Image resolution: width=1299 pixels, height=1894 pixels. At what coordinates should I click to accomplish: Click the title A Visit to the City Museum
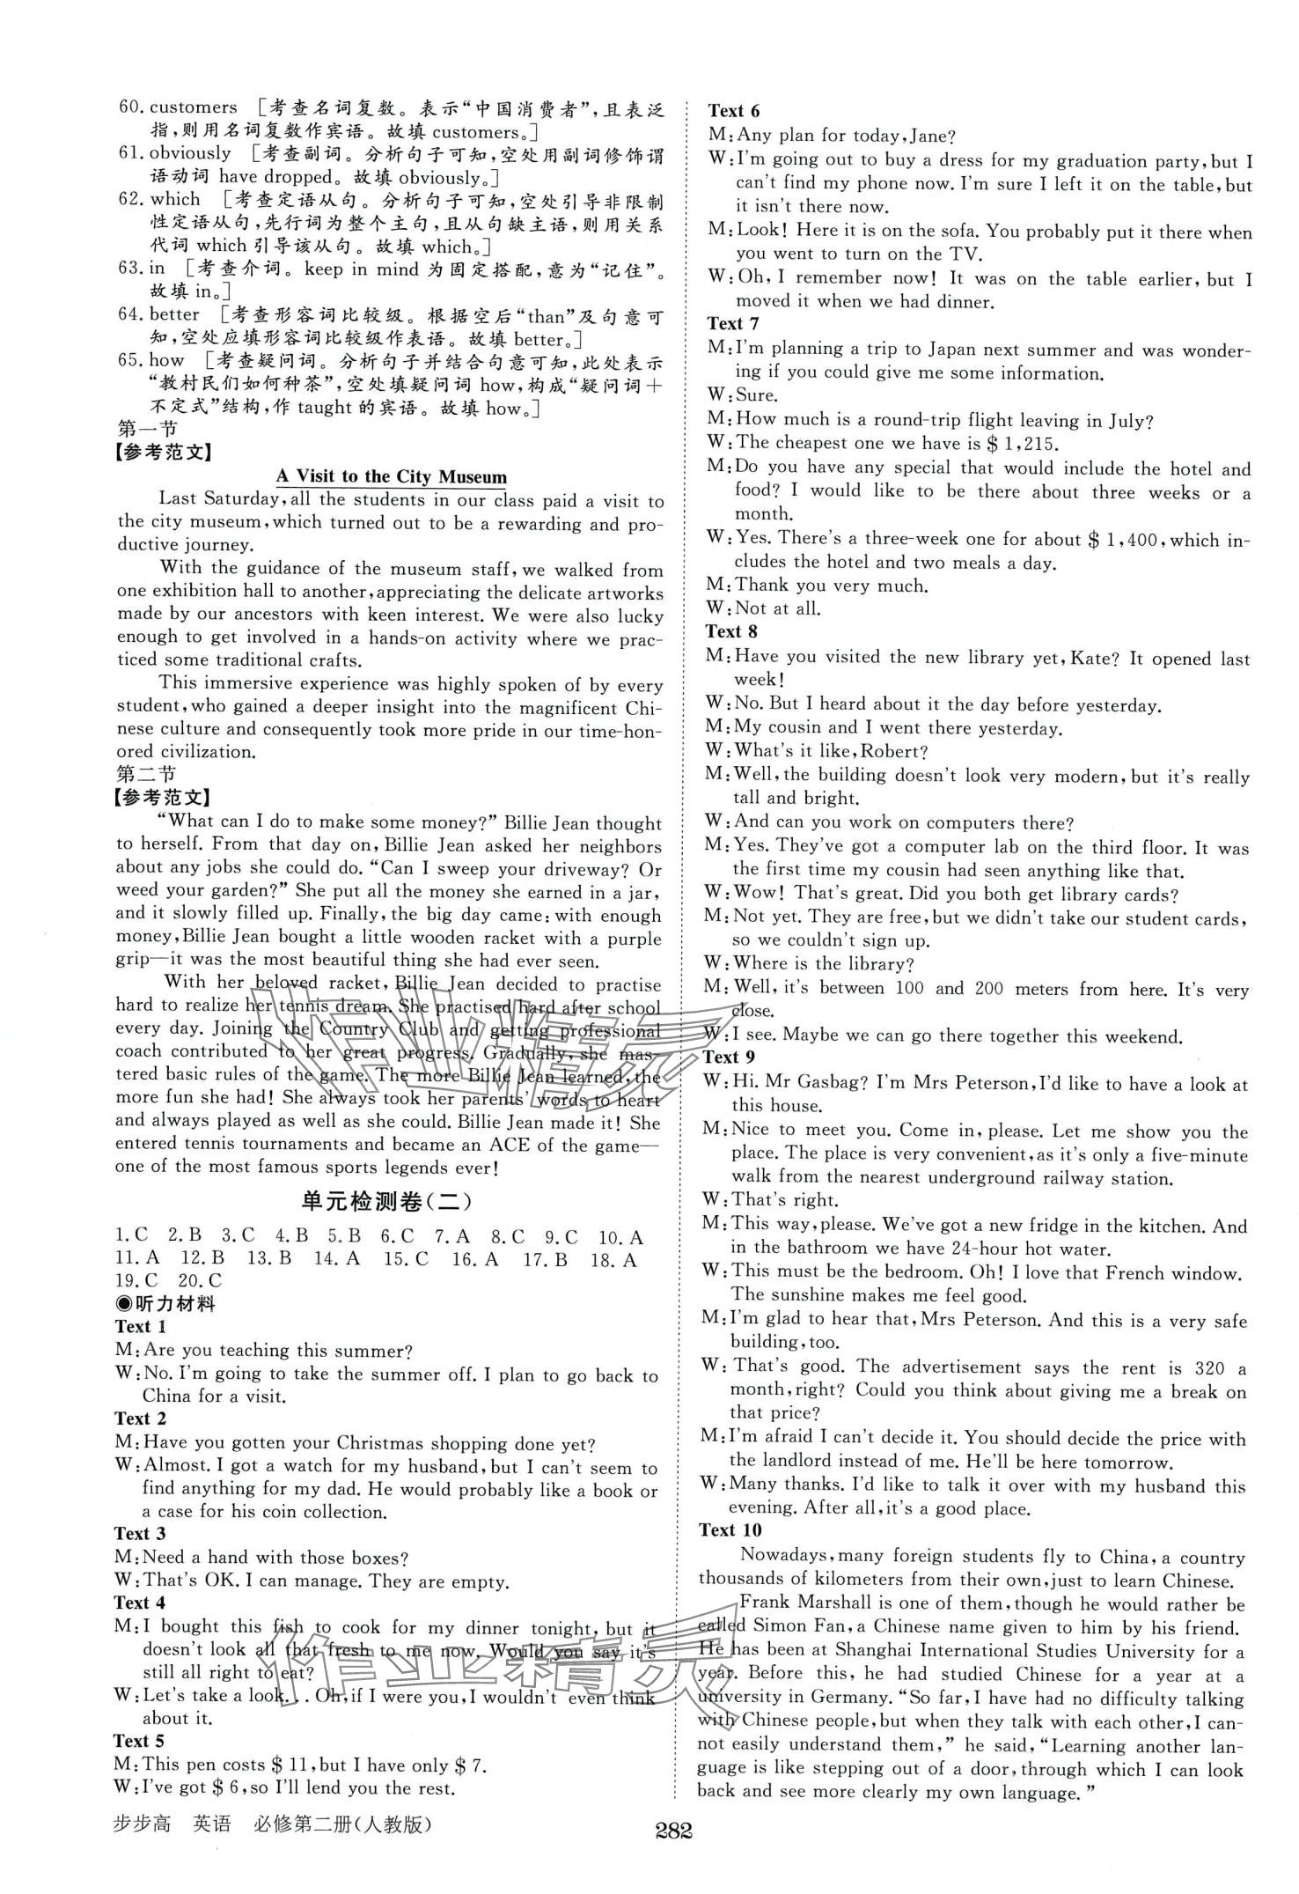click(x=392, y=477)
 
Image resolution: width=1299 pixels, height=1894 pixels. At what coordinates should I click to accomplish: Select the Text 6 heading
click(x=733, y=110)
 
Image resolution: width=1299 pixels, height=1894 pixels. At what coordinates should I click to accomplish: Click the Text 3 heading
click(x=140, y=1533)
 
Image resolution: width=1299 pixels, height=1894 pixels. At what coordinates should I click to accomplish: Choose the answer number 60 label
click(x=131, y=107)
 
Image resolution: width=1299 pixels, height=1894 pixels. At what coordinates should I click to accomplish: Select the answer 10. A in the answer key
click(x=620, y=1237)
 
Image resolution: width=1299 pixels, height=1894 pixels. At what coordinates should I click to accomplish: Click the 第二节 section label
click(x=146, y=774)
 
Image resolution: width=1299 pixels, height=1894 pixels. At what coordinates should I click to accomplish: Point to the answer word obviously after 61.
click(x=189, y=153)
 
